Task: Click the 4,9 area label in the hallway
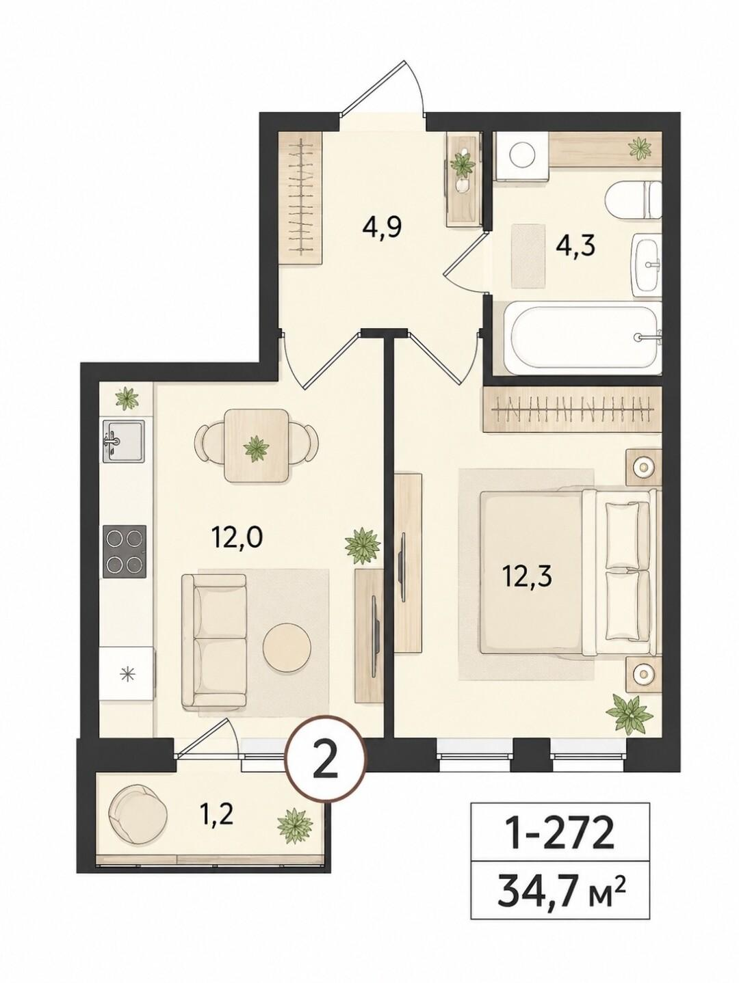click(x=382, y=228)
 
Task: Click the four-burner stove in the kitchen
click(x=125, y=551)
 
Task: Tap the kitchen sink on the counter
click(x=124, y=442)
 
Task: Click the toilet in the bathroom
click(x=634, y=200)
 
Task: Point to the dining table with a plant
click(x=256, y=446)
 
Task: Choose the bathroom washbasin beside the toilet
click(x=647, y=265)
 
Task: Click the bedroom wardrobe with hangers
click(x=573, y=410)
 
